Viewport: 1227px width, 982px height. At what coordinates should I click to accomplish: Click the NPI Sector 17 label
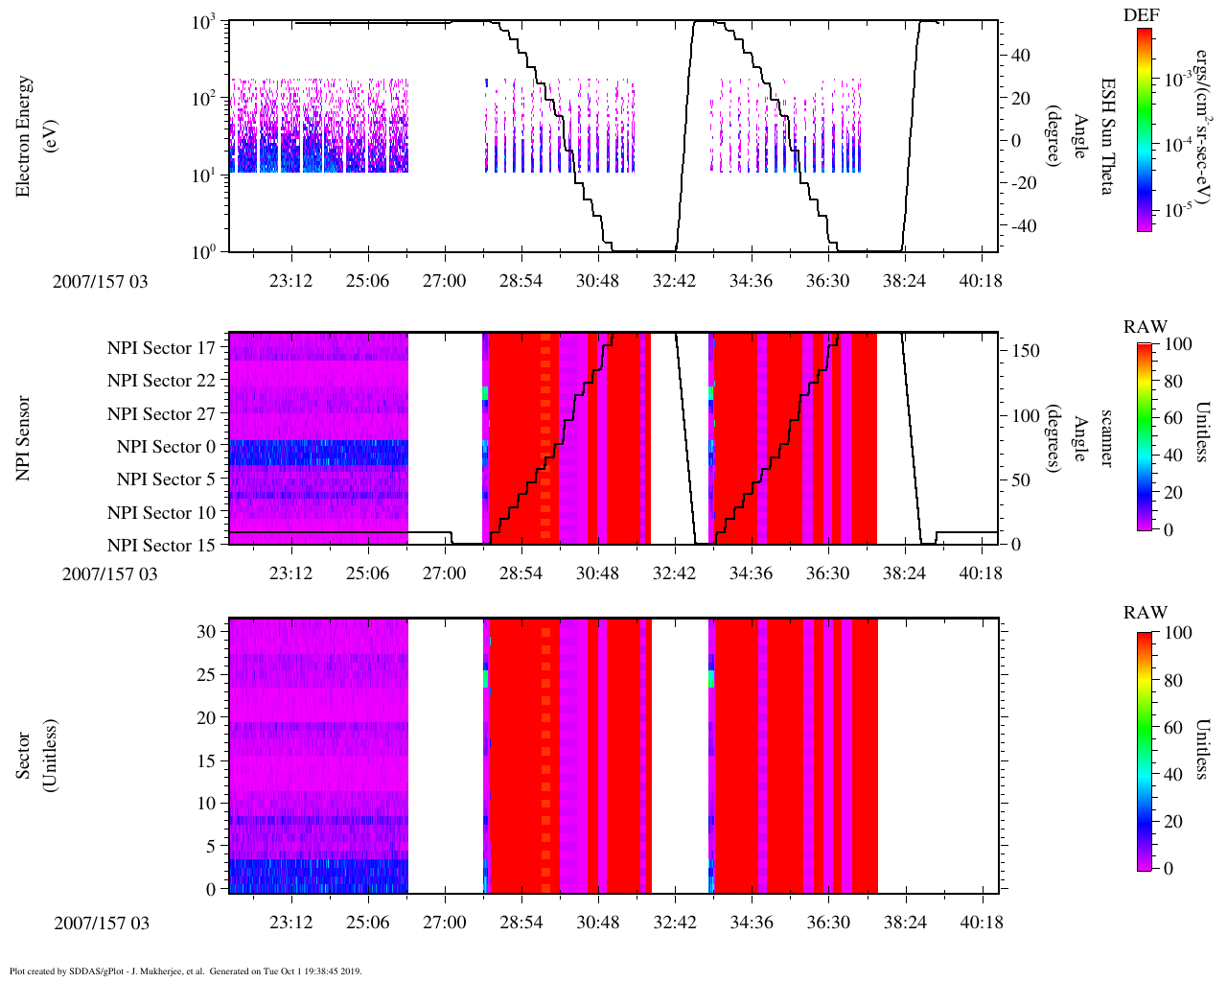coord(162,348)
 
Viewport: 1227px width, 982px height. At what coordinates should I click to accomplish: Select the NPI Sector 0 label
coord(167,447)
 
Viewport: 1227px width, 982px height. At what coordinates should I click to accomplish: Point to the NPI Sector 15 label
coord(162,546)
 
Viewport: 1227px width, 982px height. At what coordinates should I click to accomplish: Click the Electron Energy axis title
coord(23,136)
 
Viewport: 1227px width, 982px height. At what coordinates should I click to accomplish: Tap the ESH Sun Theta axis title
coord(1106,136)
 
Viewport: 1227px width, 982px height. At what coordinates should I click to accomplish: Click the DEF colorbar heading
coord(1141,15)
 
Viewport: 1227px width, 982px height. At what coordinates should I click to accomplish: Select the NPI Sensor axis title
coord(23,437)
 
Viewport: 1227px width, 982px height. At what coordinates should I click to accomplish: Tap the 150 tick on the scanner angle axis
coord(1027,351)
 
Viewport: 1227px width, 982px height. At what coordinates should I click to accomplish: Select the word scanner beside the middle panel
coord(1106,437)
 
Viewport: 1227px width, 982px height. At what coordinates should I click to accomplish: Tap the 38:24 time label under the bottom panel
coord(904,923)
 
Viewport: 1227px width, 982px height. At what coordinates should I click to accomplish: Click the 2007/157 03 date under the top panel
coord(101,281)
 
